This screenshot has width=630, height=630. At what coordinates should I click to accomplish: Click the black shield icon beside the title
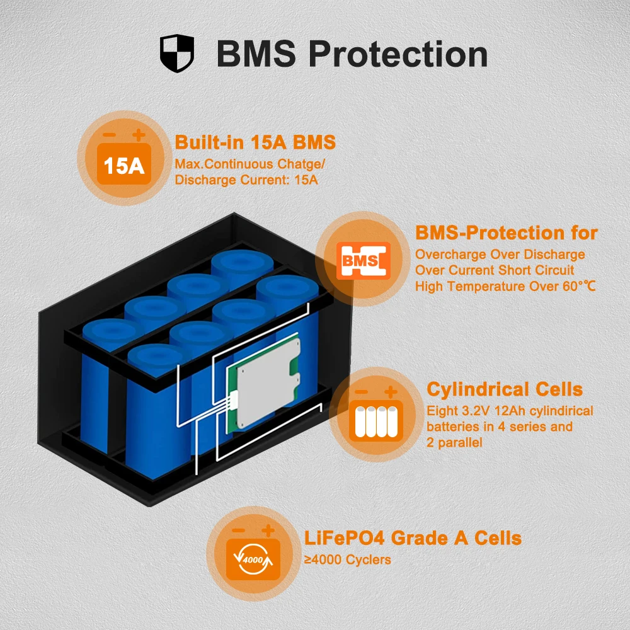[x=176, y=54]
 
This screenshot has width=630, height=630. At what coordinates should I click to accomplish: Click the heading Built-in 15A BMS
[x=255, y=142]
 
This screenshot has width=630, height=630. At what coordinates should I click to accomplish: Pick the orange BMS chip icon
[x=363, y=260]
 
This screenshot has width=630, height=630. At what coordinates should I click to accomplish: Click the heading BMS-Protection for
[x=506, y=232]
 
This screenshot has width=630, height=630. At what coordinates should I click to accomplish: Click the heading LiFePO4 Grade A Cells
[x=413, y=538]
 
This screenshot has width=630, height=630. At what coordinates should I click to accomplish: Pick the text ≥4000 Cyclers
[x=347, y=559]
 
